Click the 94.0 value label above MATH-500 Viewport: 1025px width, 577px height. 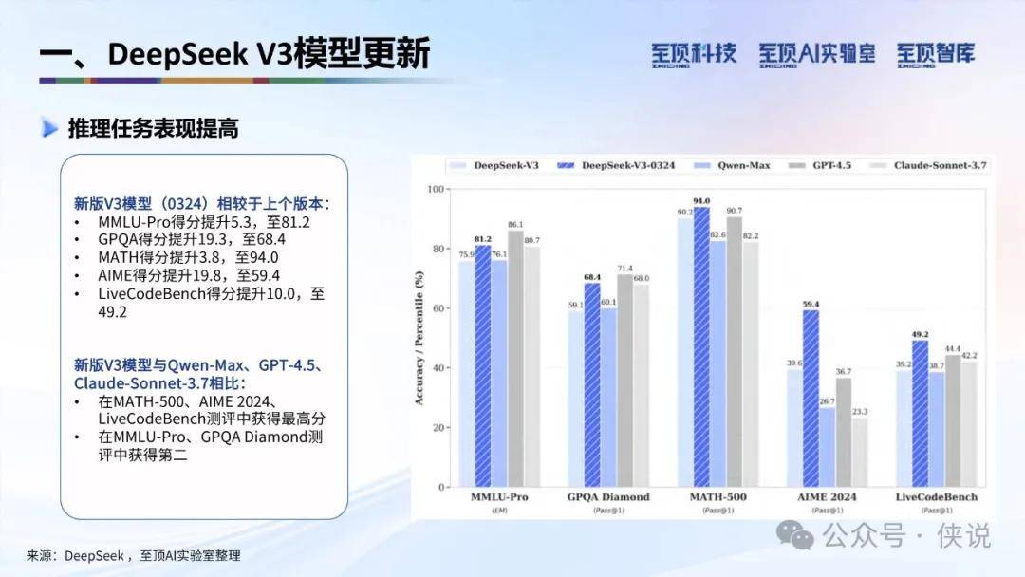tap(701, 201)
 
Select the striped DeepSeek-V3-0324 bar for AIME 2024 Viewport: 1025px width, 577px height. tap(811, 399)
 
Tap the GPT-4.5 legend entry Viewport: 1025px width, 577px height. tap(820, 165)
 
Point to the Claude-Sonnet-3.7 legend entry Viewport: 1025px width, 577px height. tap(928, 165)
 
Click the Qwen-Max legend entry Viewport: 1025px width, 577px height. tap(732, 165)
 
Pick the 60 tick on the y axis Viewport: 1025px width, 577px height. tap(438, 308)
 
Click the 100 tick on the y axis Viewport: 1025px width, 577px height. tap(436, 190)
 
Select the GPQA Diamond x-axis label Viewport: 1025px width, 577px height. tap(608, 496)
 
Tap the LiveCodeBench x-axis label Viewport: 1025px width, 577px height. tap(937, 496)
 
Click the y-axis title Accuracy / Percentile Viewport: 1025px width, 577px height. tap(419, 338)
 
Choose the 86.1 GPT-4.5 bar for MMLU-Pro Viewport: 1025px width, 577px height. tap(515, 359)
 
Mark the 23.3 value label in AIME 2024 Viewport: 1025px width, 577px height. tap(860, 412)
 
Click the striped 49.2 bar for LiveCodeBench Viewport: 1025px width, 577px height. tap(920, 414)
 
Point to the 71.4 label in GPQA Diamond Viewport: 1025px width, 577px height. tap(624, 269)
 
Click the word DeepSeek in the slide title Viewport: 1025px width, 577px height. tap(177, 54)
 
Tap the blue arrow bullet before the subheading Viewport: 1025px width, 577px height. tap(49, 128)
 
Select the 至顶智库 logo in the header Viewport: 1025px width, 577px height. tap(936, 55)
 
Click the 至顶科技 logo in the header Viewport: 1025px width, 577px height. tap(694, 55)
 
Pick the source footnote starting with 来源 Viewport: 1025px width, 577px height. tap(134, 556)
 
